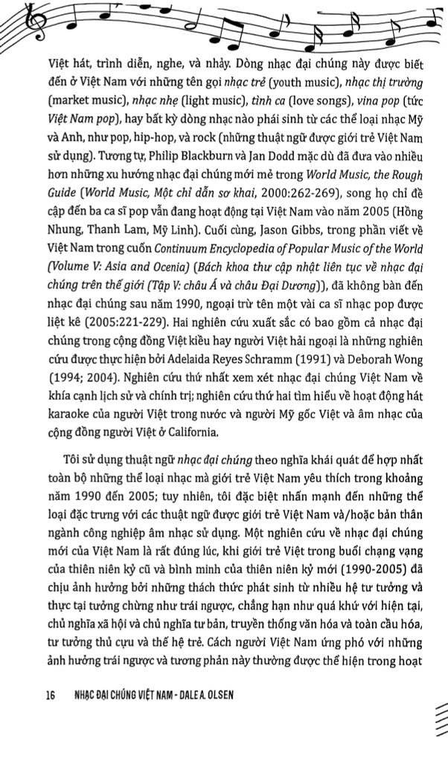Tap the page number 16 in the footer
click(x=50, y=696)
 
